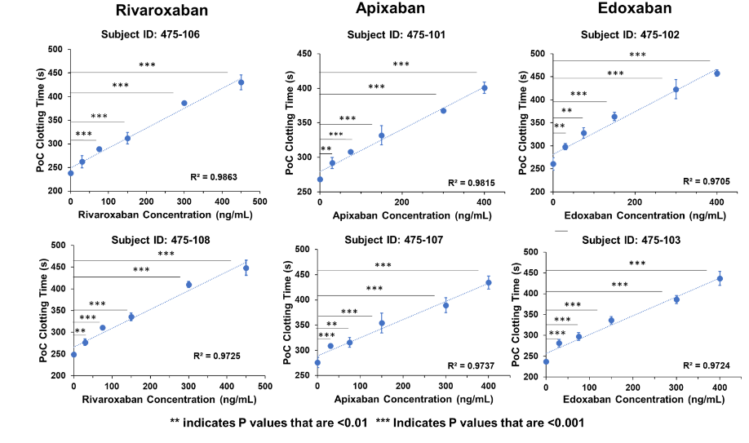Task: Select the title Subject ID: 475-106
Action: tap(150, 35)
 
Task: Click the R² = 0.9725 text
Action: tap(217, 356)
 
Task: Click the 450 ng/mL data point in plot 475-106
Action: tap(241, 82)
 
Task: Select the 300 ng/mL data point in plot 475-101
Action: tap(443, 110)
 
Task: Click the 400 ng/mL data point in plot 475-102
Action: tap(716, 73)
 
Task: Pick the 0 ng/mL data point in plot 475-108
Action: tap(73, 355)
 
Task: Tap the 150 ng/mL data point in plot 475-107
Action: tap(381, 323)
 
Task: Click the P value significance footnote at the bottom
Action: tap(377, 423)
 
